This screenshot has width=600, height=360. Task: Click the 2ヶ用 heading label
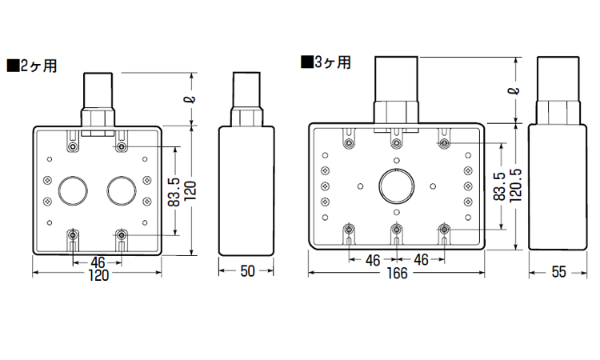38,66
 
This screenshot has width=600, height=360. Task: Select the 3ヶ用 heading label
333,62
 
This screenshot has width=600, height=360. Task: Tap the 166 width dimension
397,273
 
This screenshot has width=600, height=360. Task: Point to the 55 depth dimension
558,272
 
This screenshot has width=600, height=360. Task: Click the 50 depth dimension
247,271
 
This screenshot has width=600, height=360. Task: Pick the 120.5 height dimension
516,185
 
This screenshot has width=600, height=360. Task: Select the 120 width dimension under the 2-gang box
98,275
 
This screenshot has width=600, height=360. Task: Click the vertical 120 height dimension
190,190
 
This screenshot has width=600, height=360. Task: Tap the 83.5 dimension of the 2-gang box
174,192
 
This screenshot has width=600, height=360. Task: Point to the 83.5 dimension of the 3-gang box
499,186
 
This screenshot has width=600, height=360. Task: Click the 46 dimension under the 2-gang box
98,262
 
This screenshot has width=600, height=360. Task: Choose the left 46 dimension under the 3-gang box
373,260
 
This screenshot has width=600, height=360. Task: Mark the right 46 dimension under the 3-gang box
421,260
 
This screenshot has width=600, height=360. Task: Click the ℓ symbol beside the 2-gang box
191,99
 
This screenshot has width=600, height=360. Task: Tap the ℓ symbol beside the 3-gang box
516,90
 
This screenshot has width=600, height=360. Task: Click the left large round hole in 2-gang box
73,190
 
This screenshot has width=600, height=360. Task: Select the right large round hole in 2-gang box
122,190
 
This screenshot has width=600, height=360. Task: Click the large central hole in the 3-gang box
397,186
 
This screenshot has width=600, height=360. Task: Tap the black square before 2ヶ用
13,66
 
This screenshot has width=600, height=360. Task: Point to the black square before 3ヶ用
307,62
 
